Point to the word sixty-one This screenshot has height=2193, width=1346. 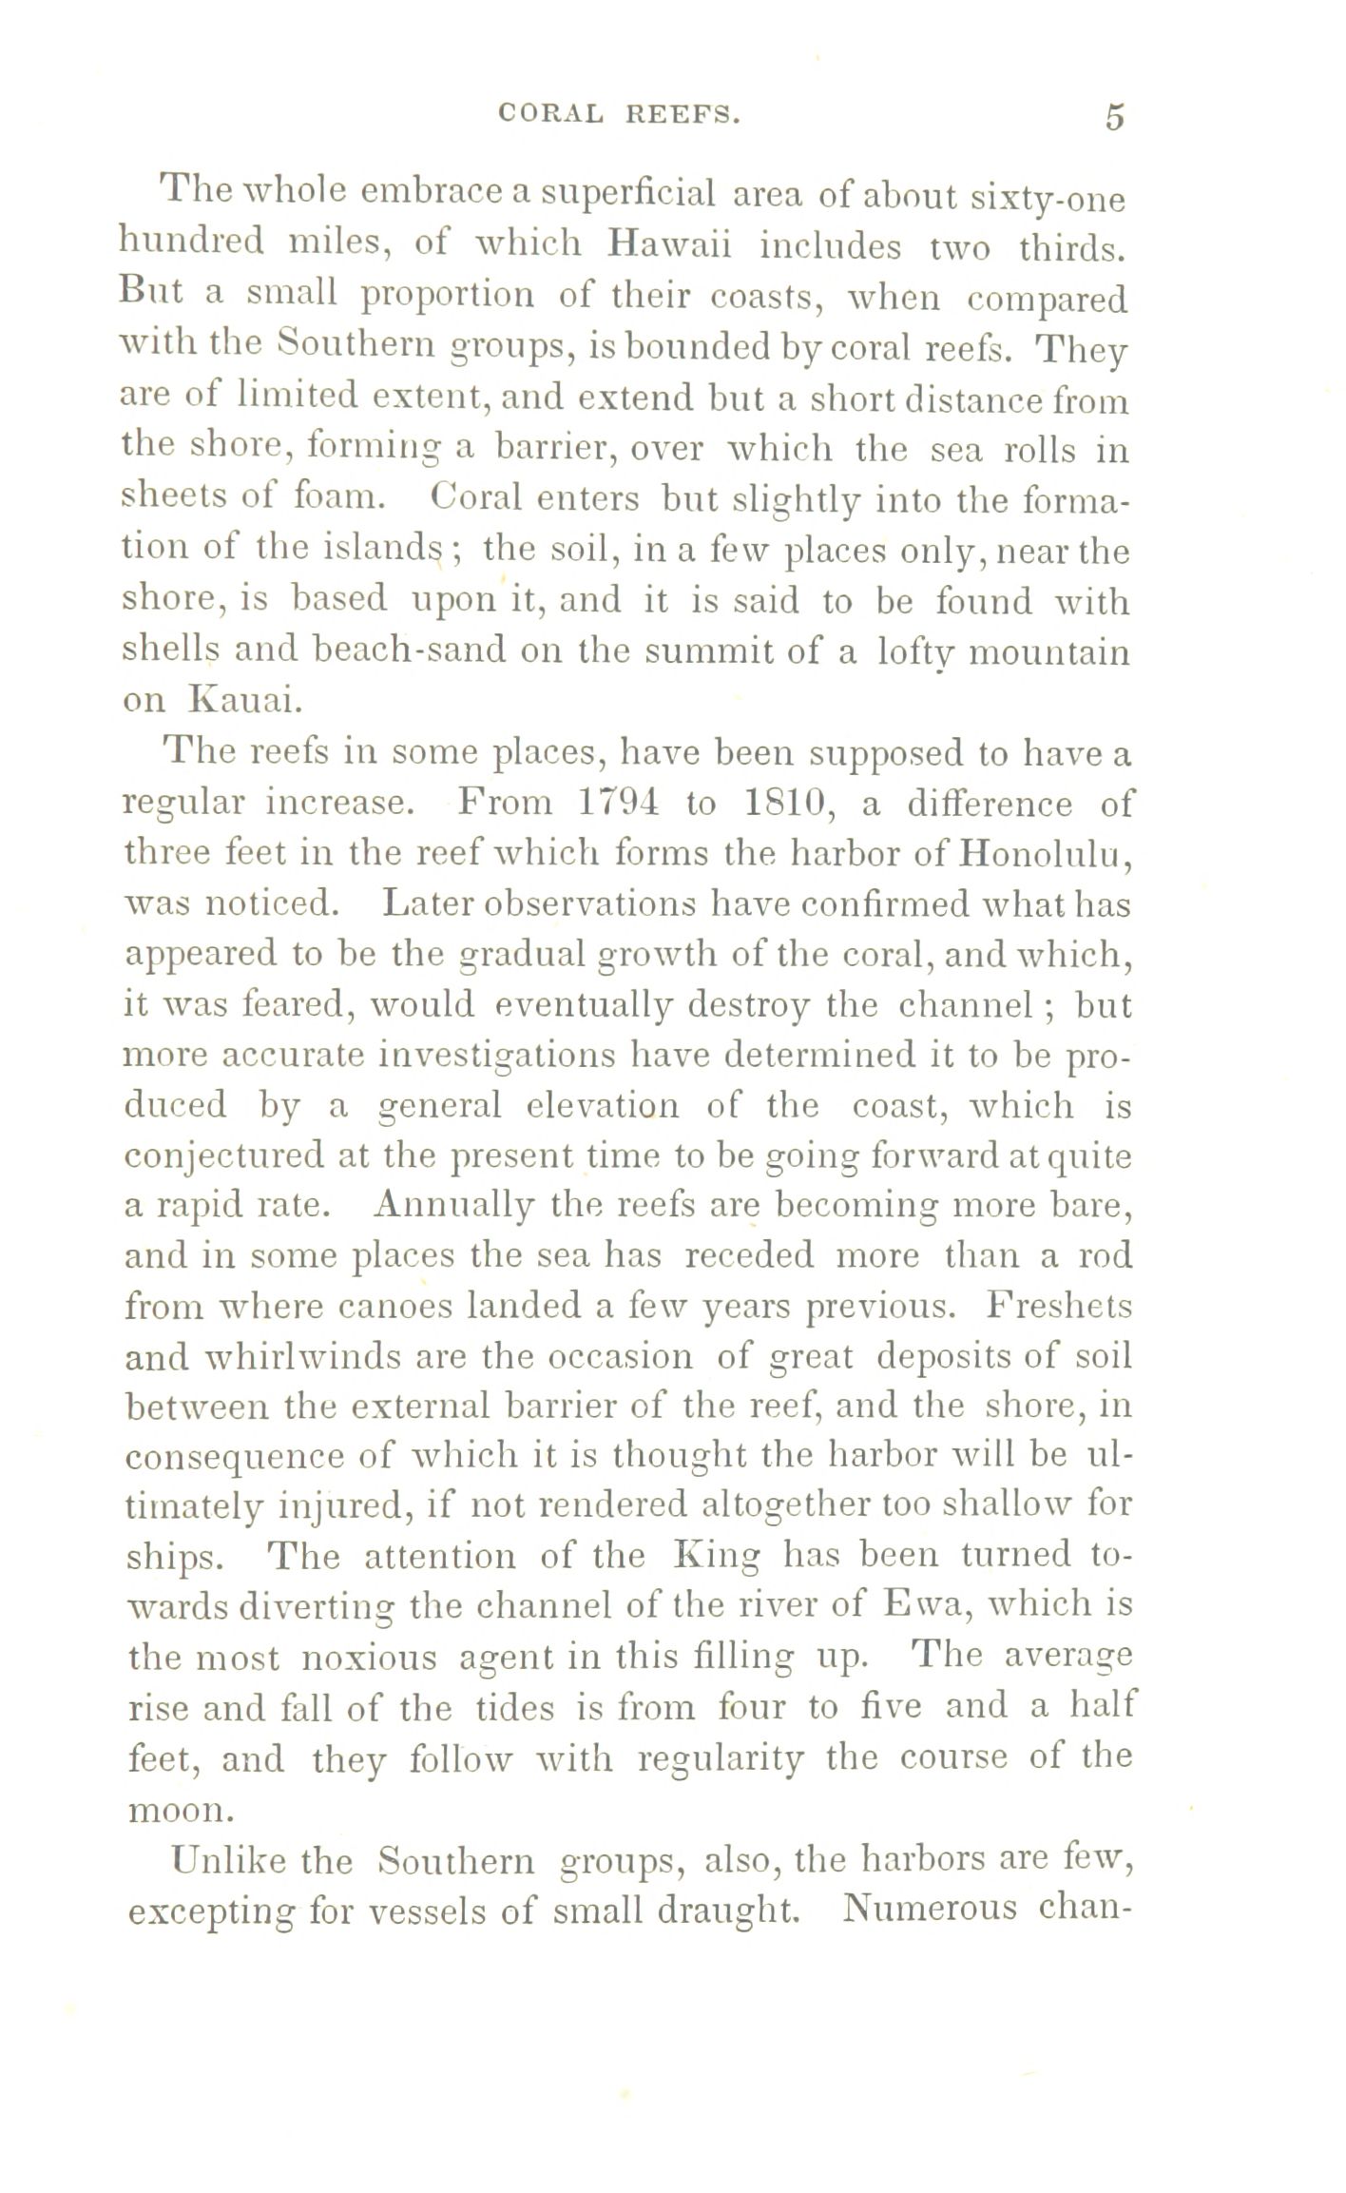[x=1048, y=200]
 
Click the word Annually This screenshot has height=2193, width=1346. [x=452, y=1205]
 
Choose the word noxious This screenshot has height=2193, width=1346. [x=368, y=1657]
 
